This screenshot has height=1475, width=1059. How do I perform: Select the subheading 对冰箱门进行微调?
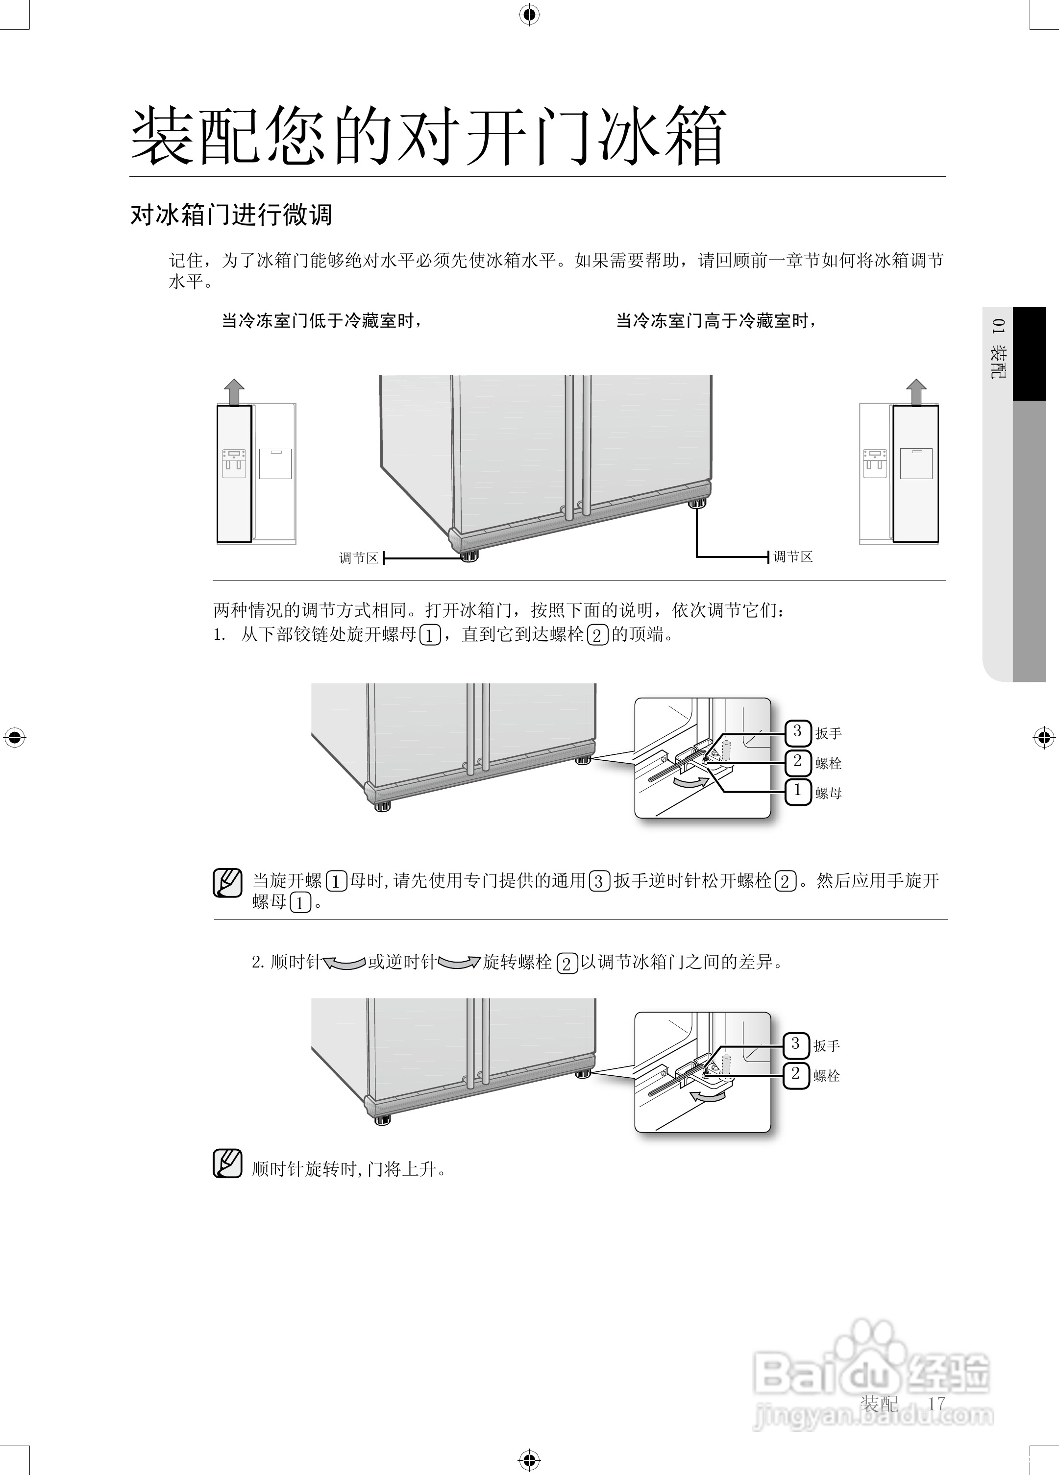(231, 215)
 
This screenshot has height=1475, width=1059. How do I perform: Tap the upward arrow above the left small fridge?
(234, 392)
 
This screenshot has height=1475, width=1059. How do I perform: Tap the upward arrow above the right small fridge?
(916, 392)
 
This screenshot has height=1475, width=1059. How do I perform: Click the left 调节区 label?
(358, 558)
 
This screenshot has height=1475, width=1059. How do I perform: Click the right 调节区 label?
(793, 556)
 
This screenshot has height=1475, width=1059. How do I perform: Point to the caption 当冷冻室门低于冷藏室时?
(322, 321)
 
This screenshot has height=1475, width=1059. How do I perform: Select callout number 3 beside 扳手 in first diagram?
(797, 732)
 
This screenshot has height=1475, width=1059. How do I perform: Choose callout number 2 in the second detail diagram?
(795, 1074)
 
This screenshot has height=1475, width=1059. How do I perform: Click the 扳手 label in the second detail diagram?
(826, 1046)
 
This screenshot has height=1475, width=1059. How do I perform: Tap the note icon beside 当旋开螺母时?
(228, 883)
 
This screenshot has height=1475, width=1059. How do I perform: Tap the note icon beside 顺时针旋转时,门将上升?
(228, 1164)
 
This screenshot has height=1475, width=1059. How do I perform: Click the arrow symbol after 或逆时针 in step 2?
(459, 963)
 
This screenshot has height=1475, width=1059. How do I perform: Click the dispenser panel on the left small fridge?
(234, 463)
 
